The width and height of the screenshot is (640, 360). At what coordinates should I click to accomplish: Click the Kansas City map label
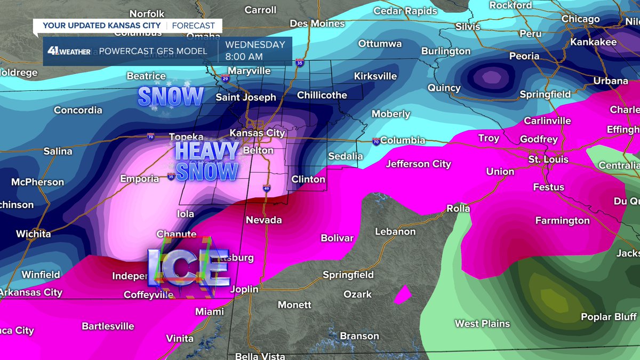pyautogui.click(x=257, y=133)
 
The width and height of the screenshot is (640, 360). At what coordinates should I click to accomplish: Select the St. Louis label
pyautogui.click(x=548, y=159)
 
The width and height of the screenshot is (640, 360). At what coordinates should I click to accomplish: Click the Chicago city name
pyautogui.click(x=581, y=19)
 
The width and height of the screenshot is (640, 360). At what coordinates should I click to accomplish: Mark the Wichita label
pyautogui.click(x=33, y=234)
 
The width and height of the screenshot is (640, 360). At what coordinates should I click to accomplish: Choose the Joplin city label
pyautogui.click(x=244, y=289)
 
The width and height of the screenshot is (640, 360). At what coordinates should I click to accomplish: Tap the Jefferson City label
pyautogui.click(x=419, y=164)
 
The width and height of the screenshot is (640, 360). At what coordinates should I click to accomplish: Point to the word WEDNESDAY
pyautogui.click(x=255, y=45)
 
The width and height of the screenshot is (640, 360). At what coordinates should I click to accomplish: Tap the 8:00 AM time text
pyautogui.click(x=243, y=57)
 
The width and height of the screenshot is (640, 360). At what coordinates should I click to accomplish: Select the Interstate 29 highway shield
pyautogui.click(x=225, y=79)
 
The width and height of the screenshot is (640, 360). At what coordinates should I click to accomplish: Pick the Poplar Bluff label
pyautogui.click(x=609, y=317)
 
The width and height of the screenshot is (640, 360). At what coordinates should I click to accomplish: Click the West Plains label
pyautogui.click(x=482, y=323)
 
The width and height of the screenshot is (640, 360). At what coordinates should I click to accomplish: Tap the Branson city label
pyautogui.click(x=359, y=336)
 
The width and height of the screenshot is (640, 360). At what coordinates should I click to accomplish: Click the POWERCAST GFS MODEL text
pyautogui.click(x=153, y=51)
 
